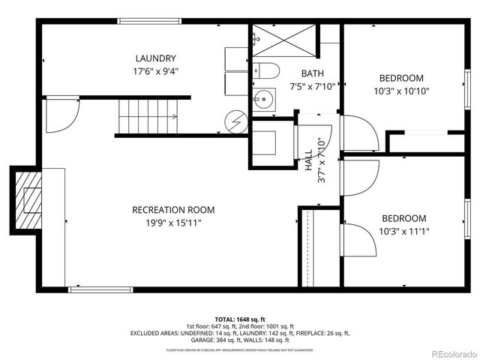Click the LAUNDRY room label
156,58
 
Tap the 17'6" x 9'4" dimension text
156,72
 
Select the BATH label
312,73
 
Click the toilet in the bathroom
267,71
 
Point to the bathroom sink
263,98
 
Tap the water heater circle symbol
237,121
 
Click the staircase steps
148,116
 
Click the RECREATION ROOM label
173,209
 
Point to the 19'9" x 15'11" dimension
173,223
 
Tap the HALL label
308,159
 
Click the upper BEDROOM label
400,78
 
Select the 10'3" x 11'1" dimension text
403,232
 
